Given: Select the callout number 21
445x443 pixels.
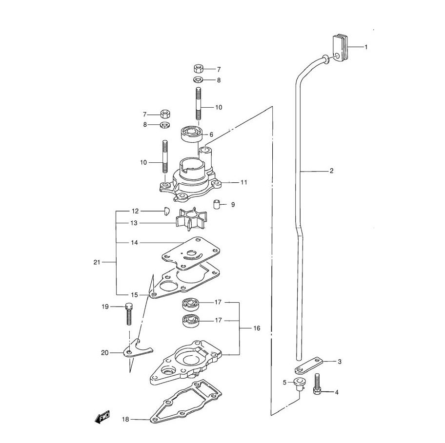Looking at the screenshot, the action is coord(97,263).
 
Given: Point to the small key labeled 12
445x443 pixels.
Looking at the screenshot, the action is coord(166,211).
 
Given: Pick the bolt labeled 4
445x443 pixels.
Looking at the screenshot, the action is coord(317,385).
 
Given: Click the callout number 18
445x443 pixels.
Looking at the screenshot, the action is coord(125,419).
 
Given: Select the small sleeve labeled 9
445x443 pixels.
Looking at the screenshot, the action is coord(217,204).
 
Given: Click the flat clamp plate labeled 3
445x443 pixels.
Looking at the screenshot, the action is coord(309,366).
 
